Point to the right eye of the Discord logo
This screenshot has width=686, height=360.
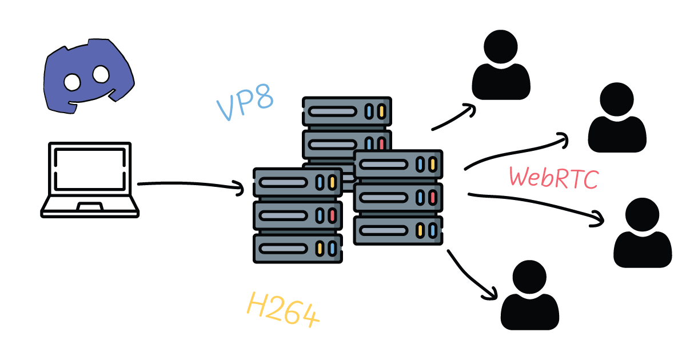click(101, 73)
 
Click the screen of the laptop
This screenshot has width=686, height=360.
click(89, 170)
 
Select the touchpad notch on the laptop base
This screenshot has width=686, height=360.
click(90, 206)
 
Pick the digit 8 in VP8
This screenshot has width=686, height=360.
click(264, 98)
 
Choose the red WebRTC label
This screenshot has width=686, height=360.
click(553, 178)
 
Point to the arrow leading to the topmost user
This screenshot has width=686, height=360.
click(454, 117)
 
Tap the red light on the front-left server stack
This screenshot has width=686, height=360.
click(332, 215)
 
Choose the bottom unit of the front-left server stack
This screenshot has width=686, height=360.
click(297, 248)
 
